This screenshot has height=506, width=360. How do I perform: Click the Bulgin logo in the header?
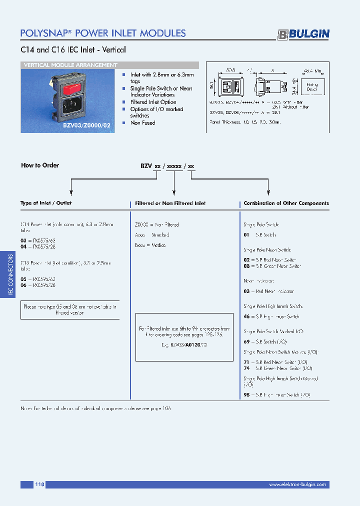pos(303,34)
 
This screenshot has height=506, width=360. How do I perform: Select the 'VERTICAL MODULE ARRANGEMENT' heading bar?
pos(71,65)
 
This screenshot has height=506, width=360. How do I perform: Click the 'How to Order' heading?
pos(40,165)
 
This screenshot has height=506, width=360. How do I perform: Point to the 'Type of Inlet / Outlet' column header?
pos(46,203)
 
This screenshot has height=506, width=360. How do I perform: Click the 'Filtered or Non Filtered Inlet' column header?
pos(170,203)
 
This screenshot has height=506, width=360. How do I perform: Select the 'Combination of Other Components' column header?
pos(286,203)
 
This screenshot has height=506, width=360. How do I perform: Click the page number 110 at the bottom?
pos(40,484)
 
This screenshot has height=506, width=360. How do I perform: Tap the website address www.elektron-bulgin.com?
pos(297,484)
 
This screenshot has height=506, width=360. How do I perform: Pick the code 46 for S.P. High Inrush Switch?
pos(246,316)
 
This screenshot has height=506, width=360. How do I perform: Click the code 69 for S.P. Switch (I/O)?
pos(246,341)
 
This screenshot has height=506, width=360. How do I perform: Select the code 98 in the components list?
pos(246,395)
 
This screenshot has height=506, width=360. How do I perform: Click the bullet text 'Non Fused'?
pos(143,123)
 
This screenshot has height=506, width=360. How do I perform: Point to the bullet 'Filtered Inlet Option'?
pos(153,102)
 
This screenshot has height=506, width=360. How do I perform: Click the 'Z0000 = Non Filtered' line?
pos(157,224)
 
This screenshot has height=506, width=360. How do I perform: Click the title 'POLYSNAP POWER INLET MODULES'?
pos(103,33)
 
